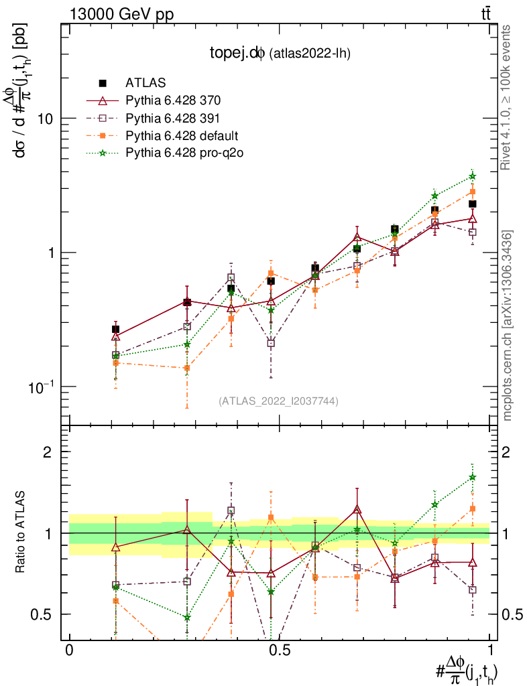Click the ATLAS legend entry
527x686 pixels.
[141, 83]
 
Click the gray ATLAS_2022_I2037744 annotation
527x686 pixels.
[278, 401]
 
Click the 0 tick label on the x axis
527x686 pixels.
[69, 650]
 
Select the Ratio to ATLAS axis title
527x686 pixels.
[21, 533]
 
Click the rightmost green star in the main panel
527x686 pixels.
[473, 176]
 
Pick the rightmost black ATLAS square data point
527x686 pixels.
[473, 204]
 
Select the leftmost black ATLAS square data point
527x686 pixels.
[115, 329]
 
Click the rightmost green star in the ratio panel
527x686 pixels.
[473, 478]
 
